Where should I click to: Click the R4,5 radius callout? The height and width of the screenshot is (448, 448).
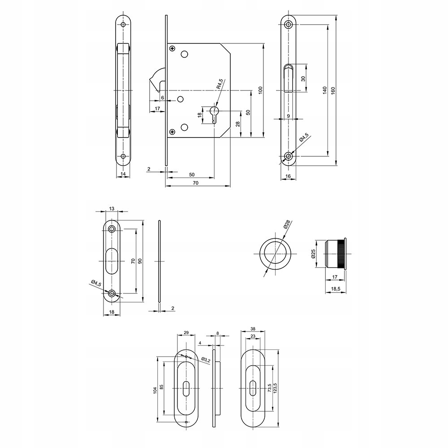click(220, 84)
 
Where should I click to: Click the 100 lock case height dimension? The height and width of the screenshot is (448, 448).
click(260, 90)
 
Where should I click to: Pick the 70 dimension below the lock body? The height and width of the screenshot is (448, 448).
click(195, 183)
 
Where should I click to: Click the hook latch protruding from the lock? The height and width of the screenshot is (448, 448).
click(156, 81)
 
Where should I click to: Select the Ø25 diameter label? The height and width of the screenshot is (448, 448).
click(314, 254)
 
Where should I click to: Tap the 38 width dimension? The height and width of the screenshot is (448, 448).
click(253, 328)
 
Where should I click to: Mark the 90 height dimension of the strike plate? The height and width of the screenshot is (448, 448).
click(140, 261)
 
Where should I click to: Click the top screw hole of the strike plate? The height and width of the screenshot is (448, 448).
click(112, 229)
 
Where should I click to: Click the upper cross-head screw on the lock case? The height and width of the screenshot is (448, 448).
click(172, 49)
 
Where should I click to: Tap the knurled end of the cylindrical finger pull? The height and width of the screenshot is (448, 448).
click(343, 254)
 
